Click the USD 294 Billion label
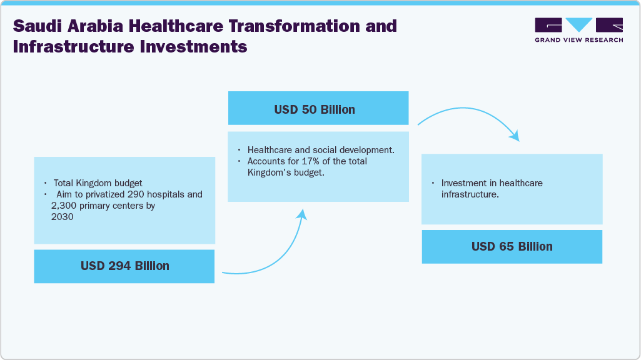tap(124, 266)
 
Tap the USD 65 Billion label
tap(512, 246)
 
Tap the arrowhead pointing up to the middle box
tap(303, 214)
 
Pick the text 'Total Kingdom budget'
tap(98, 183)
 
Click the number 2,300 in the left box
tap(64, 205)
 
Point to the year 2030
tap(63, 216)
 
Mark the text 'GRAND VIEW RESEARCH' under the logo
tap(578, 40)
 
